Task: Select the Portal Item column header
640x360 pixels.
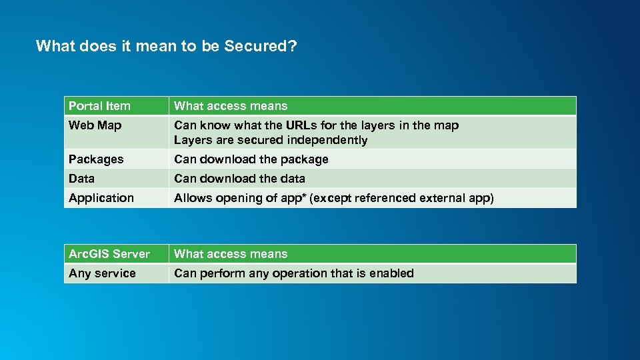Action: [99, 106]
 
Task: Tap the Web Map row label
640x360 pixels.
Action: [95, 125]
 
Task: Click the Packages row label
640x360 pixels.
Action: [96, 159]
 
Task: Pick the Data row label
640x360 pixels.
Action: [81, 179]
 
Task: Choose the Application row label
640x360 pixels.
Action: [101, 198]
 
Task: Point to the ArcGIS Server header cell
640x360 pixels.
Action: [109, 254]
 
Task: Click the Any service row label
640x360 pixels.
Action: [102, 273]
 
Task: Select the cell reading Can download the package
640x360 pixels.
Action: [251, 159]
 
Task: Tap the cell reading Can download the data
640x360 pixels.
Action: [239, 179]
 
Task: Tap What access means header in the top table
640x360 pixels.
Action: [231, 106]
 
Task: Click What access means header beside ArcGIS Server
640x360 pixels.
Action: [231, 254]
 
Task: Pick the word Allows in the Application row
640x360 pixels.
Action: [191, 198]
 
